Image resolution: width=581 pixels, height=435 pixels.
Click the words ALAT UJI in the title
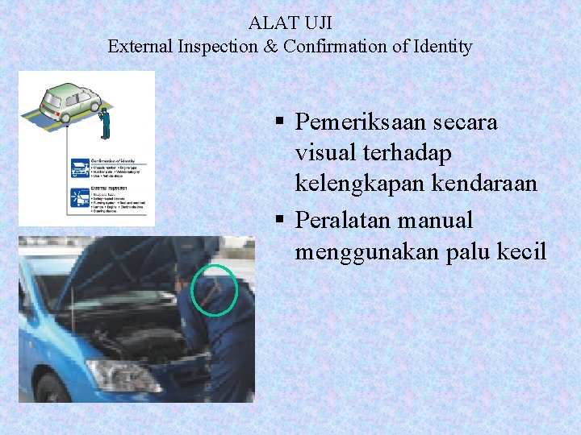[290, 23]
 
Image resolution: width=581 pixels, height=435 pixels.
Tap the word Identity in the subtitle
[441, 47]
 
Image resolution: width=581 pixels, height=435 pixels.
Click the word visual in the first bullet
[328, 152]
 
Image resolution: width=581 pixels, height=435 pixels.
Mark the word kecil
[520, 251]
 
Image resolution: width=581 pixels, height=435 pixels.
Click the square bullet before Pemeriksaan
[279, 122]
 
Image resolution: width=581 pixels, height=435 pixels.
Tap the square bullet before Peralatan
[279, 220]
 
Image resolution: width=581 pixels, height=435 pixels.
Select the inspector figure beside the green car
[104, 123]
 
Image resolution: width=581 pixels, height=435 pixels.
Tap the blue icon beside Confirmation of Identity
[80, 167]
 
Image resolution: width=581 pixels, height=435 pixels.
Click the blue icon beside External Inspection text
[80, 197]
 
